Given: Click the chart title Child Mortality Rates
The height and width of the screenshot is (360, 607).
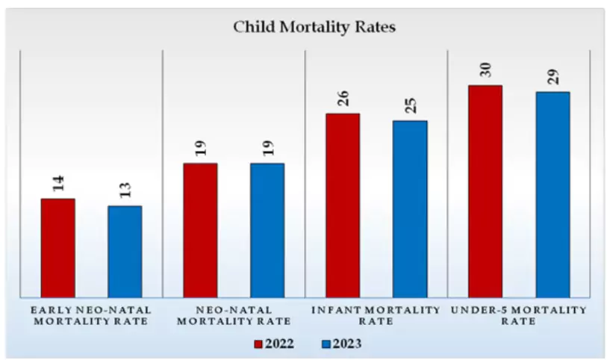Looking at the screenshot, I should point(314,27).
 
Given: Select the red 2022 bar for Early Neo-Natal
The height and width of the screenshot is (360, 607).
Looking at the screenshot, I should point(57,246).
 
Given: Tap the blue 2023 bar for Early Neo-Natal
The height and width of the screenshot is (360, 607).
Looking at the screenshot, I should point(125,250).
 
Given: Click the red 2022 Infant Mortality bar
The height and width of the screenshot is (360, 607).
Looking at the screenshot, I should point(343,205).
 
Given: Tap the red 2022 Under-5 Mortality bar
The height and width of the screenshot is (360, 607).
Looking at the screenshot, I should point(485,190).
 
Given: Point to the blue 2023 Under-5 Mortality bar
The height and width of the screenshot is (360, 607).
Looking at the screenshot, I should point(552,193).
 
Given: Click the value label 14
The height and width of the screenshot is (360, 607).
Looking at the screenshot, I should point(58,184).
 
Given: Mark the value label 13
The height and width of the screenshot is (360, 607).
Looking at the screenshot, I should point(125,191).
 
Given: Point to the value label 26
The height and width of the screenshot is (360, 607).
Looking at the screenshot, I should point(343,99).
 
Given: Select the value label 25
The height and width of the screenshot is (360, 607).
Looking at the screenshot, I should point(411,105).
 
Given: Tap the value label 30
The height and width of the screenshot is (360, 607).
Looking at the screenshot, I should point(486,70).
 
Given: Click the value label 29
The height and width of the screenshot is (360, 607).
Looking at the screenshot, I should point(553,77).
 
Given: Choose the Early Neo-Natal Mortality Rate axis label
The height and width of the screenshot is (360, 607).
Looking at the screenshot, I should point(90,315).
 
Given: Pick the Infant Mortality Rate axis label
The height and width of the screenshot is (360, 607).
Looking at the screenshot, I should point(376,315).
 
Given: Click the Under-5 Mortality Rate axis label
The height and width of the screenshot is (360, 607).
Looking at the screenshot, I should point(519,315).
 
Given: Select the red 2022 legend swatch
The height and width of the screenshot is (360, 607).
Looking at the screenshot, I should point(258,344).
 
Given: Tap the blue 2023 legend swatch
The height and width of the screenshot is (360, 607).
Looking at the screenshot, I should point(326,344).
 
